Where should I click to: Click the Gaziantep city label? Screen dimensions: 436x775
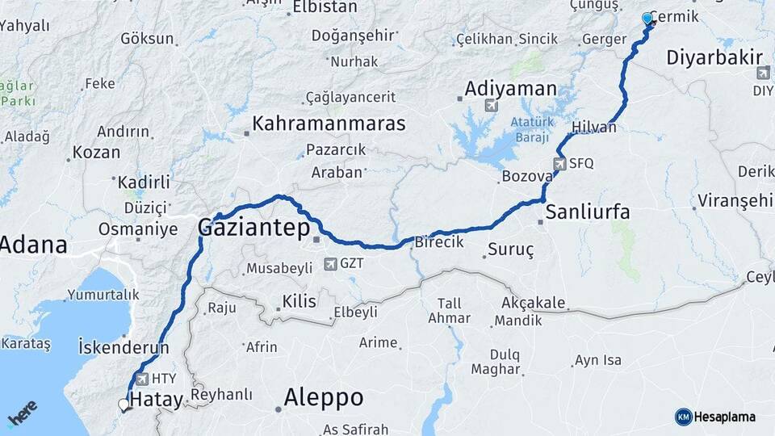point(254,229)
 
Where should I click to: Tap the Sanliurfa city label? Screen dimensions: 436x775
point(588,213)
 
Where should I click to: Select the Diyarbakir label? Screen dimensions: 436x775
point(715,58)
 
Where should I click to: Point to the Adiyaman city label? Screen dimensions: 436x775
point(511,89)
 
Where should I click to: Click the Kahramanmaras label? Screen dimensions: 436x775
point(329,124)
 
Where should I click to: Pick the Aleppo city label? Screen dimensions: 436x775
point(324,397)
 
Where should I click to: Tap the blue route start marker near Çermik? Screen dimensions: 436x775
point(647,19)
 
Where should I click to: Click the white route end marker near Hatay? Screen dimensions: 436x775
point(124,404)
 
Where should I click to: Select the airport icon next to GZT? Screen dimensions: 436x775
point(329,264)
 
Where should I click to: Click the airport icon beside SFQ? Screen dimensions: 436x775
point(559,164)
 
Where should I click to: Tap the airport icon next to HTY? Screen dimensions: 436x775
point(142,379)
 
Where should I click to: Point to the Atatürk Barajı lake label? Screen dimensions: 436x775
point(530,129)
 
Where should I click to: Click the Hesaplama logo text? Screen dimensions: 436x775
point(724,417)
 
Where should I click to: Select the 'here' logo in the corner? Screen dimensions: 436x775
point(23,414)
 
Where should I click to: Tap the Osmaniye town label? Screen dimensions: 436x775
point(138,229)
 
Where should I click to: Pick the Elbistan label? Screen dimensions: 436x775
point(325,7)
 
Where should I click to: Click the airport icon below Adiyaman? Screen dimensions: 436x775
point(490,106)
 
